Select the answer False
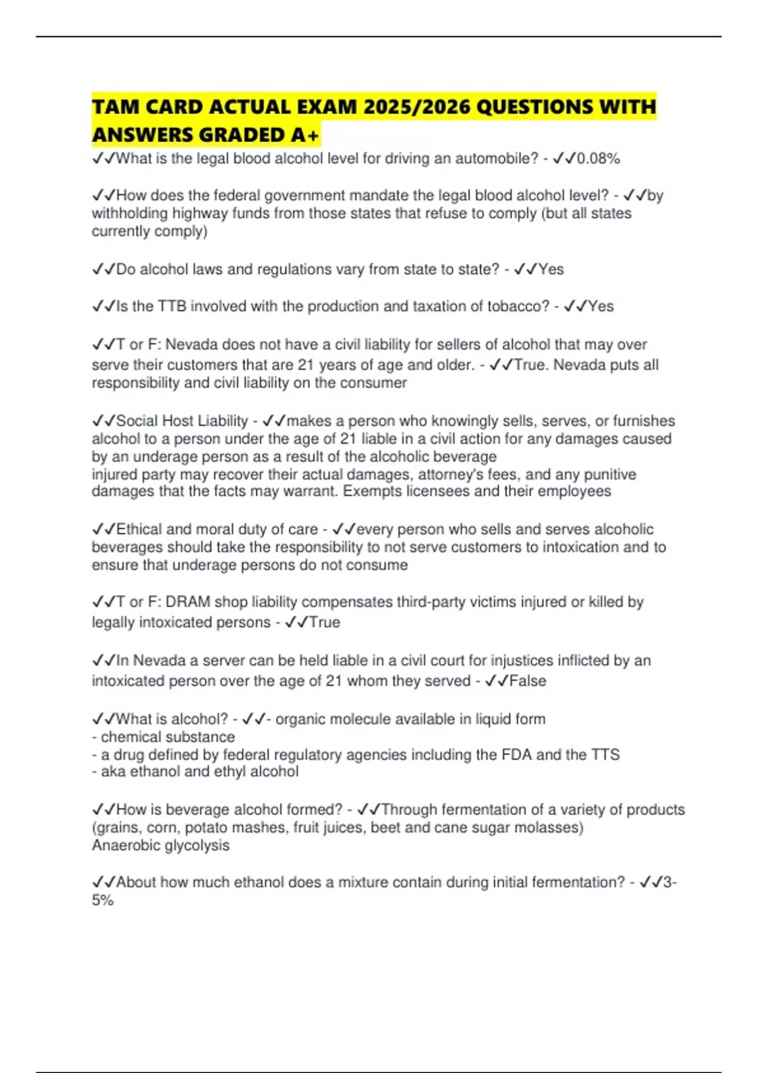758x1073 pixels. click(527, 681)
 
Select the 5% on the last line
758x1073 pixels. click(102, 900)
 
